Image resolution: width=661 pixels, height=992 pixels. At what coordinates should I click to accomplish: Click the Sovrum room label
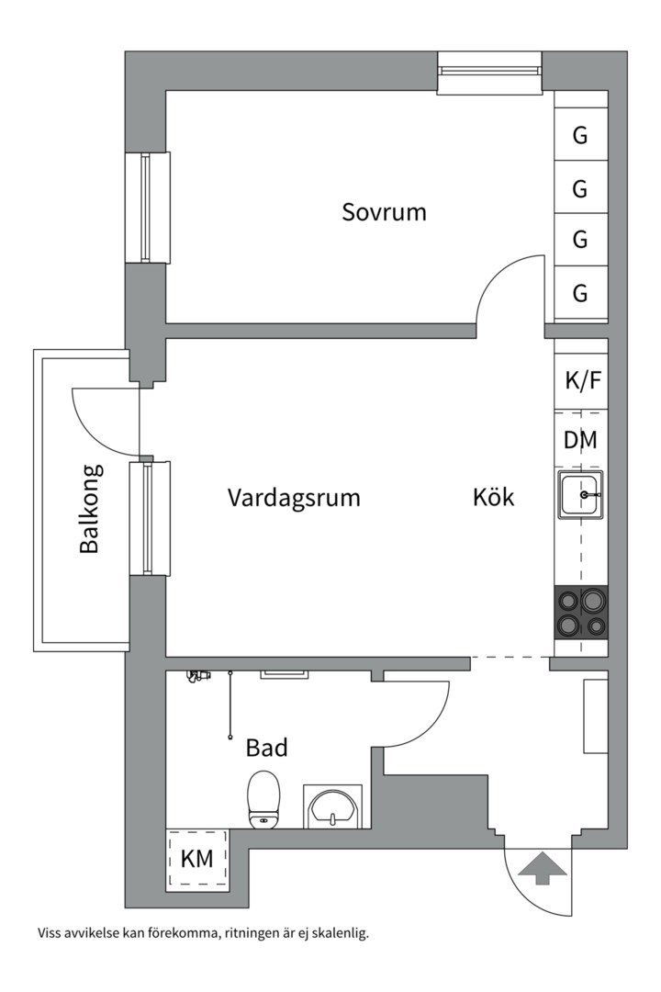pyautogui.click(x=384, y=212)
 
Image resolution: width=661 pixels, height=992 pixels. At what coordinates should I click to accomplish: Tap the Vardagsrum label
pyautogui.click(x=294, y=498)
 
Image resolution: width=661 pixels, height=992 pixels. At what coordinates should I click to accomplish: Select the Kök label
pyautogui.click(x=494, y=498)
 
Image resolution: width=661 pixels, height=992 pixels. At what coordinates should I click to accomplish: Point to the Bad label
pyautogui.click(x=266, y=748)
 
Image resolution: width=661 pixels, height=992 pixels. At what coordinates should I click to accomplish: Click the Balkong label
pyautogui.click(x=89, y=508)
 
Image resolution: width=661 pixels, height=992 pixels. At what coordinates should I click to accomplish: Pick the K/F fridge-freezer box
pyautogui.click(x=581, y=379)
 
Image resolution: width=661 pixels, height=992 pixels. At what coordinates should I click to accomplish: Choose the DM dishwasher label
pyautogui.click(x=580, y=440)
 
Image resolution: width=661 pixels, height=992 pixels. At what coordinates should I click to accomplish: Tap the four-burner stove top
pyautogui.click(x=581, y=613)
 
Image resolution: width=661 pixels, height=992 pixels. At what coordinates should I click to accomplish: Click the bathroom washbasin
pyautogui.click(x=331, y=806)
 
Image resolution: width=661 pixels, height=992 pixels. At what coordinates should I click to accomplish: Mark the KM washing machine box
pyautogui.click(x=196, y=860)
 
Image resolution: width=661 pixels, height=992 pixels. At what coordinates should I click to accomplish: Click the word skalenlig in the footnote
pyautogui.click(x=338, y=934)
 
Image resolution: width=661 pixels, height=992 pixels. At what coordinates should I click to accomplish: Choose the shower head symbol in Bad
pyautogui.click(x=195, y=676)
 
